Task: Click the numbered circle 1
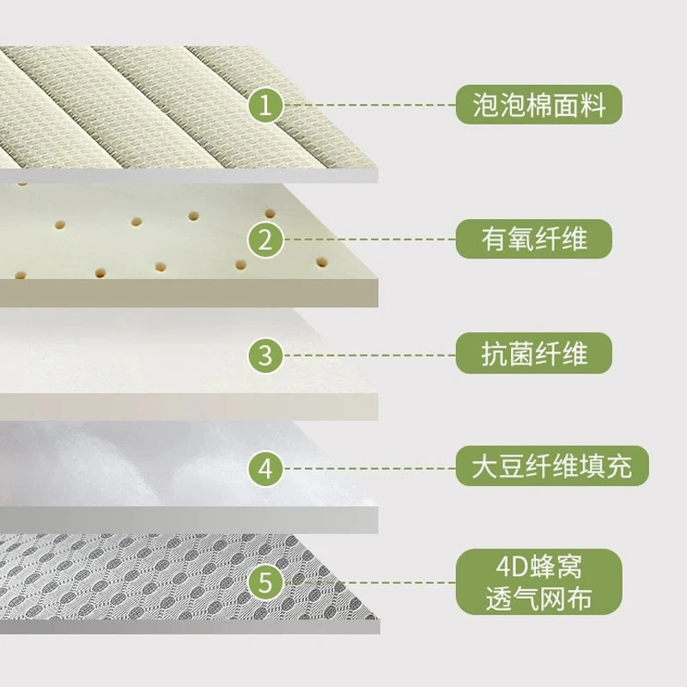pos(265,105)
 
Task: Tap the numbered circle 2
pos(265,240)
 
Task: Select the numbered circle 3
pos(265,355)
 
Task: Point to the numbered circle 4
pos(265,468)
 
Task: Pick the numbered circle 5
pos(265,582)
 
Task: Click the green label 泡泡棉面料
pos(539,105)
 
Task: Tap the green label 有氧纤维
pos(533,239)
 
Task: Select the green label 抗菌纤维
pos(533,353)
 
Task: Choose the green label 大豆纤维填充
pos(552,465)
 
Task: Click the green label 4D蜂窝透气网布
pos(539,581)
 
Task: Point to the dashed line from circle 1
pos(370,105)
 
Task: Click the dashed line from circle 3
pos(370,355)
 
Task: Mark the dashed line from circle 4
pos(370,468)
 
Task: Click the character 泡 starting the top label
pos(486,105)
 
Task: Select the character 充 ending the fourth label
pos(619,466)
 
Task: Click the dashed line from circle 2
pos(370,240)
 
